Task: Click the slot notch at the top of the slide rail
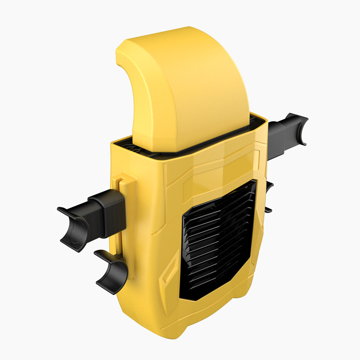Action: (x=120, y=183)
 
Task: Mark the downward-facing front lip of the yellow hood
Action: (x=135, y=130)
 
